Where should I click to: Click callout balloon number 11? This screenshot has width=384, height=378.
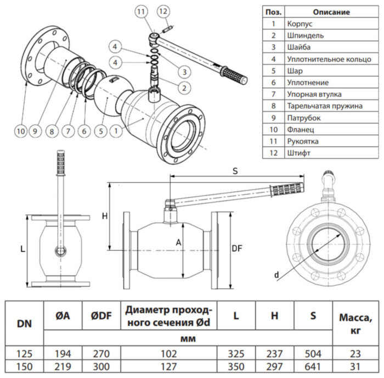coord(142,11)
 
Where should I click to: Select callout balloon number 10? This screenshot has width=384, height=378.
coord(20,131)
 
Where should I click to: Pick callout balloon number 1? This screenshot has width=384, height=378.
coord(115,131)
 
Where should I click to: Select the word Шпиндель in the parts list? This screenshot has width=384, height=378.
coord(305,36)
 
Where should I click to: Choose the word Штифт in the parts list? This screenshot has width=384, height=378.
coord(298,153)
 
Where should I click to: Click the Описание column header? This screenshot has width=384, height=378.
coord(331,12)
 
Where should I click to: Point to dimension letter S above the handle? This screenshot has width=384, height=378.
coord(234,170)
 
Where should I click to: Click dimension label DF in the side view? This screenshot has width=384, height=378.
coord(236,248)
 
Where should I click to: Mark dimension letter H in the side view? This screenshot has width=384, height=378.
coord(105,216)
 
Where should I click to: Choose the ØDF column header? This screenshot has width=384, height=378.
coord(101,315)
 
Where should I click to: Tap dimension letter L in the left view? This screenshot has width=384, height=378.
coord(22,249)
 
